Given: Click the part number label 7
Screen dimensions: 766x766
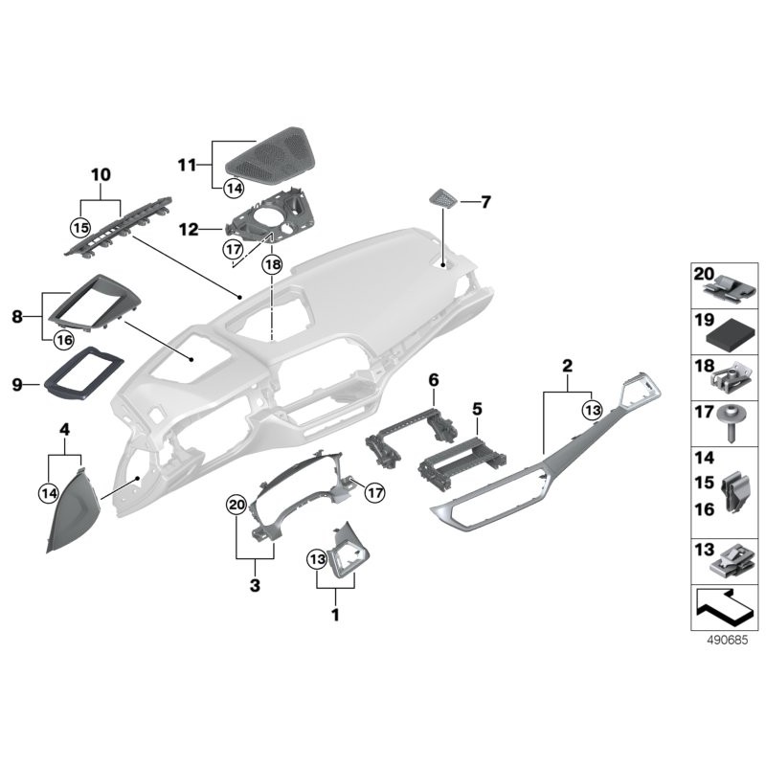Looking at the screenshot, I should pos(485,202).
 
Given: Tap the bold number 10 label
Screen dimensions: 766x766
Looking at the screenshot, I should pos(101,174).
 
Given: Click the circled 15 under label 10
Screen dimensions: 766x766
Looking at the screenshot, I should pos(80,229).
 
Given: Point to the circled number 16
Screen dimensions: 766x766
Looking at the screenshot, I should pos(64,339).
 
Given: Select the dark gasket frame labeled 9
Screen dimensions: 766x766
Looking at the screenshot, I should pos(84,373).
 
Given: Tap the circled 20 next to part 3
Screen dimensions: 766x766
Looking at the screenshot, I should pos(236,505).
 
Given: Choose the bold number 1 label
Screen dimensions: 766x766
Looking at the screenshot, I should pos(335,615).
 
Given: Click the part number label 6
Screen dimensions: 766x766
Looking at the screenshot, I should pos(433,380).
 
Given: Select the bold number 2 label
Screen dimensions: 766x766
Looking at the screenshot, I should pos(567,365).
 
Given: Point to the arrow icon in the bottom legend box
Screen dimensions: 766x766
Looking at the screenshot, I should pos(723,605).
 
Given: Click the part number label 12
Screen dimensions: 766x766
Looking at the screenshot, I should pos(189,230).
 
